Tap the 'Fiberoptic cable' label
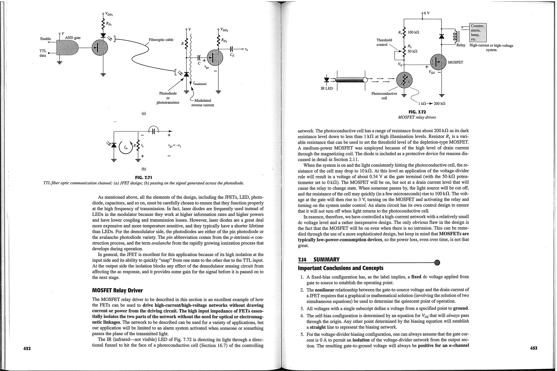pos(161,40)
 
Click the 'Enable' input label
pos(45,39)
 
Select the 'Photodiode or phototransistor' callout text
pos(168,98)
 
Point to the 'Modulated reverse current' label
pos(203,103)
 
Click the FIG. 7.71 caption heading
pos(143,177)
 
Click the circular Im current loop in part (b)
pos(126,147)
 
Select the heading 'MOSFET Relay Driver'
pos(117,290)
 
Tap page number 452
pos(27,348)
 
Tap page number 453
pos(534,348)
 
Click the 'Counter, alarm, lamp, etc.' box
pos(478,32)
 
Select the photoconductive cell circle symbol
pos(404,80)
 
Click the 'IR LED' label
pos(327,88)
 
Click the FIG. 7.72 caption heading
pos(417,112)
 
